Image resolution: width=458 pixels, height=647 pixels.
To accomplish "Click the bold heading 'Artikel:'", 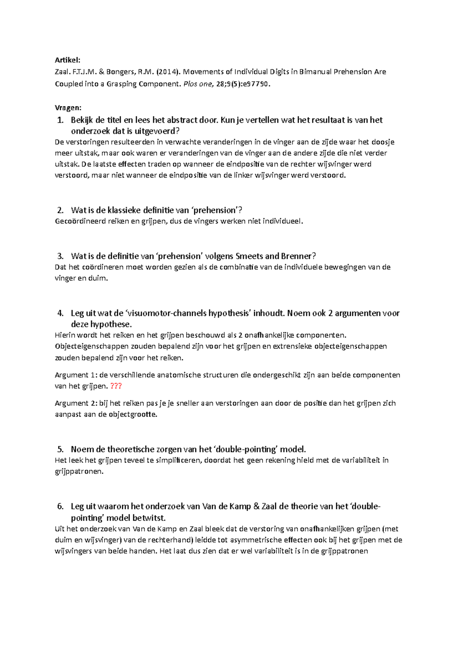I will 68,60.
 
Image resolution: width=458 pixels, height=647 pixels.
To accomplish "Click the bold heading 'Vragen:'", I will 68,108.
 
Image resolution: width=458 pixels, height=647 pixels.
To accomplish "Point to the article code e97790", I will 256,84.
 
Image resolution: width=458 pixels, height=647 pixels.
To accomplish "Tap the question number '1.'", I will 60,120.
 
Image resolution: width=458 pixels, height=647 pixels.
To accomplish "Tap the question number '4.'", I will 60,313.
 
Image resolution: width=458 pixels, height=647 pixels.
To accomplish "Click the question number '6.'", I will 60,506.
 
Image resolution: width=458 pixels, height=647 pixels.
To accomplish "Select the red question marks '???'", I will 116,386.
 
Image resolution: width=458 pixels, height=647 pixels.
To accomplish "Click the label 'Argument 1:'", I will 76,375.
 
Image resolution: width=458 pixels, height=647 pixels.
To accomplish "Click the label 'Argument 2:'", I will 76,403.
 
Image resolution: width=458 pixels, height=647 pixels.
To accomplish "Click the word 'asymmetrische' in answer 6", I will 256,540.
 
